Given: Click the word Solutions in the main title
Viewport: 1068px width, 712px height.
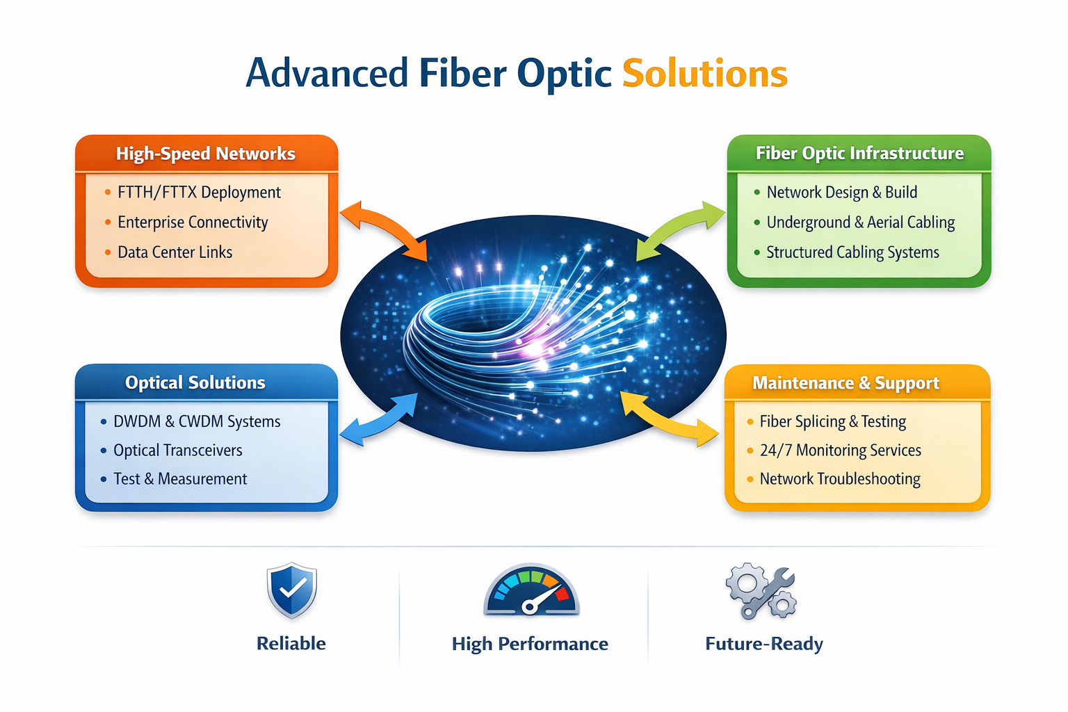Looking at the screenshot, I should point(704,74).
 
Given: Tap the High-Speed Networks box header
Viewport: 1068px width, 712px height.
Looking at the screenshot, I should point(206,154).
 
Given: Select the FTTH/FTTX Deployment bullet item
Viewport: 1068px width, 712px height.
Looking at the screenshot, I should point(199,193).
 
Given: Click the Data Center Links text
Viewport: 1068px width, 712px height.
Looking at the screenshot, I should point(175,252).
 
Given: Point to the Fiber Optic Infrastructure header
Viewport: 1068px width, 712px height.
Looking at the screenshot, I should point(859,154).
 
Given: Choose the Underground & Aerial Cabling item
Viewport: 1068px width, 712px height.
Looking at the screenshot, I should point(860,222).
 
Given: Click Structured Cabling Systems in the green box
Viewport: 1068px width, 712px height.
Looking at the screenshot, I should point(852,252).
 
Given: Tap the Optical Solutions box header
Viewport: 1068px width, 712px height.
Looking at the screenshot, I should point(195,382).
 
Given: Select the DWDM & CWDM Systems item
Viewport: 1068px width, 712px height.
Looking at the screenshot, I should point(197,421).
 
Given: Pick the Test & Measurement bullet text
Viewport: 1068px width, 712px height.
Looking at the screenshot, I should point(180,479).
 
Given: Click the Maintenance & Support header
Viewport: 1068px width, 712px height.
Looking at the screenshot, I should point(845,383).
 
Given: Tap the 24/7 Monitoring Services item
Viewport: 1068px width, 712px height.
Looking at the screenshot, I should point(840,451).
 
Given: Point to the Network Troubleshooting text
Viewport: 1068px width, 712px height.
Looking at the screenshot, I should point(840,479).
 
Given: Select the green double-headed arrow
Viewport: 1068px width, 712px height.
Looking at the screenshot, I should point(681,229).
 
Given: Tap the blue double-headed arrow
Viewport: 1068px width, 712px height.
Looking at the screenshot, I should point(380,420).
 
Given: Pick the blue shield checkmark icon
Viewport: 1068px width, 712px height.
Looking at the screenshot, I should point(292,590).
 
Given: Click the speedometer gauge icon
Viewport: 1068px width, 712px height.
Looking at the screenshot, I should point(531,590).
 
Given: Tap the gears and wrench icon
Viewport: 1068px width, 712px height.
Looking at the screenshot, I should point(761,592).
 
